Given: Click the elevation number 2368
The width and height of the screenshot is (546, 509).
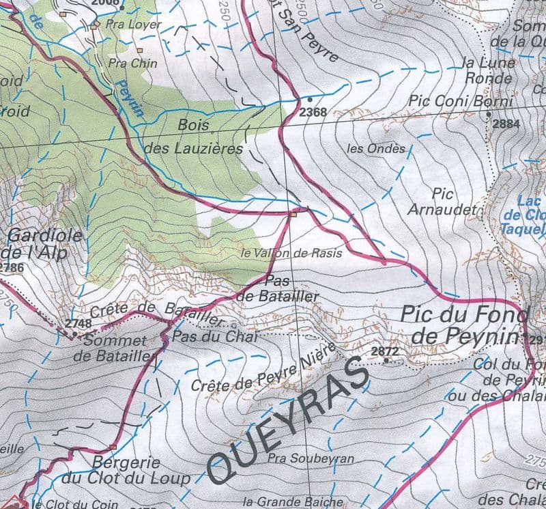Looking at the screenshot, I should point(313,112).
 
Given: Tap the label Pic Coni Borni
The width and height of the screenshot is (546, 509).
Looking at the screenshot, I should point(461,101).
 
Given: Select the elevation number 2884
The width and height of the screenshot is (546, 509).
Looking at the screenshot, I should point(506,124).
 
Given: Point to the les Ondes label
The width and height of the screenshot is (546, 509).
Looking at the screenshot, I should point(376,148).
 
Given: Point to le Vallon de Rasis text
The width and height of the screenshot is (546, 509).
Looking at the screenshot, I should point(291,253).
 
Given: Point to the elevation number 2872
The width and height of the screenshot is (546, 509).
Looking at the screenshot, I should point(384,350).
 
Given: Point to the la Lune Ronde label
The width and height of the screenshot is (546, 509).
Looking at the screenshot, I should point(489,70).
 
